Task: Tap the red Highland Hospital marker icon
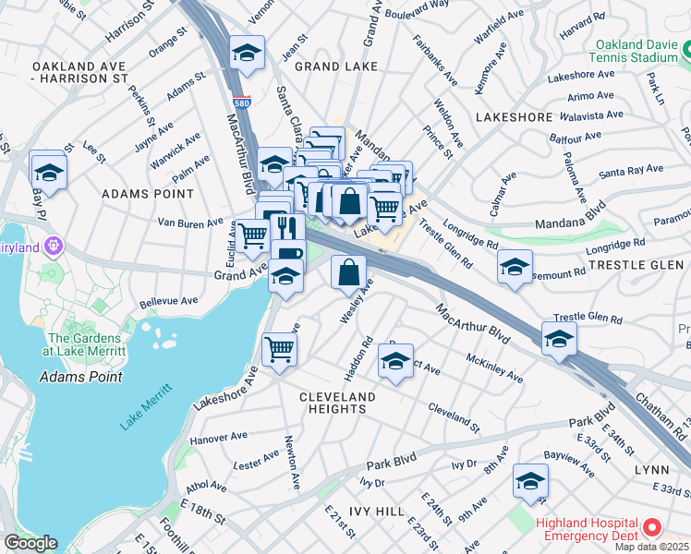click(x=651, y=528)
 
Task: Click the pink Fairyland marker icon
click(x=53, y=247)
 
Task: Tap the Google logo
click(x=30, y=544)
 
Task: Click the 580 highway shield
click(x=242, y=102)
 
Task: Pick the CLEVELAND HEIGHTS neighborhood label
click(x=337, y=403)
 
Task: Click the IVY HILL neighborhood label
click(x=377, y=511)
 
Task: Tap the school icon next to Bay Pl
click(x=48, y=171)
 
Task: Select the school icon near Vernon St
click(x=247, y=54)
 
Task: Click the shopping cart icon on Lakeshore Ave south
click(x=280, y=349)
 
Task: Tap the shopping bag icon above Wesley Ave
click(x=349, y=272)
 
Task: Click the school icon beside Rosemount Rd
click(x=515, y=268)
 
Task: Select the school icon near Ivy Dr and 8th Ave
click(x=530, y=481)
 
